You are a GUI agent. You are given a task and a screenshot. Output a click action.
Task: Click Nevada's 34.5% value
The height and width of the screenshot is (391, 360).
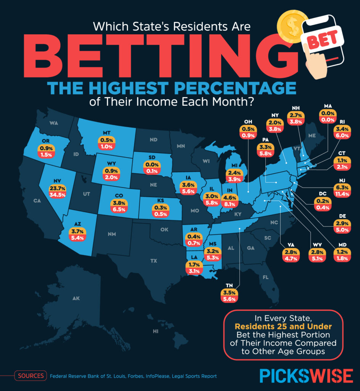point(57,195)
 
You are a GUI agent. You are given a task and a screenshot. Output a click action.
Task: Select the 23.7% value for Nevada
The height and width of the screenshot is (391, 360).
point(57,188)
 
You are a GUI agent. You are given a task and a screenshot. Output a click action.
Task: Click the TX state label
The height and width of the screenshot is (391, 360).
point(154,261)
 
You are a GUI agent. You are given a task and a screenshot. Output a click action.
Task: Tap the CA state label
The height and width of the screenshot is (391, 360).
point(37,201)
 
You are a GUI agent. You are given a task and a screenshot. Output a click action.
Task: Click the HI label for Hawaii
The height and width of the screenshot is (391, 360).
point(155,331)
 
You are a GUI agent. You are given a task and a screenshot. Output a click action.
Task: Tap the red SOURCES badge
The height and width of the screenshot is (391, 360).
point(31,376)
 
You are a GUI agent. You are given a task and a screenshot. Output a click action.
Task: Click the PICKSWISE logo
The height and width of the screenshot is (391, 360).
point(306,376)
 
